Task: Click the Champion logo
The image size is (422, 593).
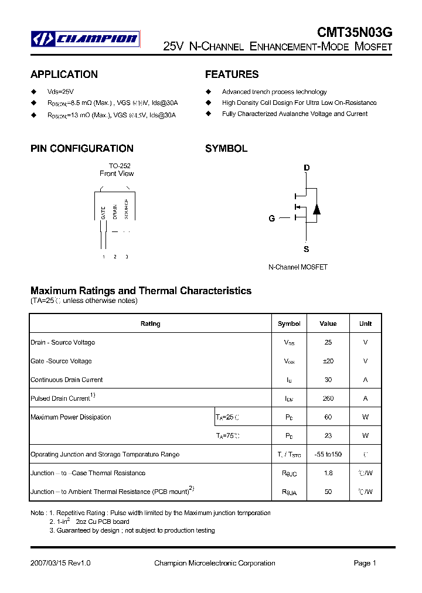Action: pyautogui.click(x=85, y=39)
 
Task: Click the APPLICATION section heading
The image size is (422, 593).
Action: pyautogui.click(x=64, y=74)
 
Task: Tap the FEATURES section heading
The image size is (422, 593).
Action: pyautogui.click(x=232, y=74)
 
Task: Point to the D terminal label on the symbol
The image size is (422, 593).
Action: pyautogui.click(x=306, y=168)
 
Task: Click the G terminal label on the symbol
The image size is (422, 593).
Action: pyautogui.click(x=271, y=219)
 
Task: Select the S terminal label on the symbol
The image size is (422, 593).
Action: pyautogui.click(x=306, y=249)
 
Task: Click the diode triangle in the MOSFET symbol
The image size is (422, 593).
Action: pyautogui.click(x=316, y=209)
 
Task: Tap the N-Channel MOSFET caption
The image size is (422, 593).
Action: pyautogui.click(x=298, y=267)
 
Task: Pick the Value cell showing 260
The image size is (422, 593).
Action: pyautogui.click(x=328, y=398)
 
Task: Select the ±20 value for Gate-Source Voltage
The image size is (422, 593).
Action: pyautogui.click(x=328, y=361)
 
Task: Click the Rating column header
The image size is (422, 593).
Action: pyautogui.click(x=151, y=323)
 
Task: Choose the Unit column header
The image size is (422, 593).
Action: pyautogui.click(x=365, y=323)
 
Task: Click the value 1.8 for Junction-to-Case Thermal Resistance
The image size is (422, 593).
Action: pyautogui.click(x=328, y=473)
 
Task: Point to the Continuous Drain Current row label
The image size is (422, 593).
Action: pyautogui.click(x=66, y=380)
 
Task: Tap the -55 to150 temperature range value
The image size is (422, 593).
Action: pyautogui.click(x=328, y=455)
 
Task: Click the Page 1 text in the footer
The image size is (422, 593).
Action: pyautogui.click(x=365, y=563)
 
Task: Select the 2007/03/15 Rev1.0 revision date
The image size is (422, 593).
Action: pyautogui.click(x=60, y=563)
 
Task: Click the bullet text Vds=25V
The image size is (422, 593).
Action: pyautogui.click(x=60, y=92)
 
